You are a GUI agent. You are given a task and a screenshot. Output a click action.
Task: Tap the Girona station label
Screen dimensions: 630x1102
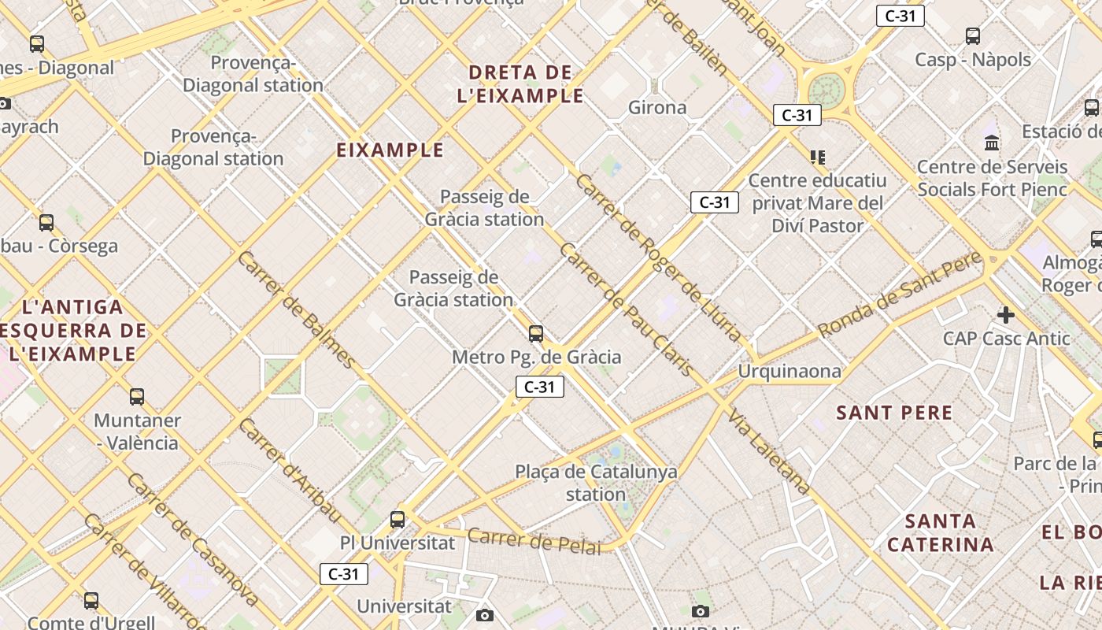tap(657, 107)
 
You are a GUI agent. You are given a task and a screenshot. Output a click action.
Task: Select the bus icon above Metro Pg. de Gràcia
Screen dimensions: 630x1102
tap(536, 333)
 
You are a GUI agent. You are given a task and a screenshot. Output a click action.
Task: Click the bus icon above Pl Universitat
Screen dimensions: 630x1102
tap(398, 520)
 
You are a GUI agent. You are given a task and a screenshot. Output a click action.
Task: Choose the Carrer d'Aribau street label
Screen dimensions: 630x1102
tap(290, 470)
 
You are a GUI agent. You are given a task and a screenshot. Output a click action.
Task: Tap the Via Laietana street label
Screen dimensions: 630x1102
tap(769, 451)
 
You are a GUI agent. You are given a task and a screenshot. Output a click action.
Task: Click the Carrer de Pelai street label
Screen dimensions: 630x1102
tap(534, 541)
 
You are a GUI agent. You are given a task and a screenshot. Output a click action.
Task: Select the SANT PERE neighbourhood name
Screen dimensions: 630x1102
tap(894, 413)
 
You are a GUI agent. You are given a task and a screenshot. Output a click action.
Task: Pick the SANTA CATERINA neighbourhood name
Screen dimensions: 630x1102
tap(941, 532)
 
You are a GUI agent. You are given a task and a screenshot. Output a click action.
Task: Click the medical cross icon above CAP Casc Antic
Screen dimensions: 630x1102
tap(1005, 315)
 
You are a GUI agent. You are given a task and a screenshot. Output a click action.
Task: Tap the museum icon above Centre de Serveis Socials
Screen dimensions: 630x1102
tap(992, 143)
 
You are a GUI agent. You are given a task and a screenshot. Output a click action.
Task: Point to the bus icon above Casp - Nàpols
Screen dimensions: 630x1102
tap(973, 35)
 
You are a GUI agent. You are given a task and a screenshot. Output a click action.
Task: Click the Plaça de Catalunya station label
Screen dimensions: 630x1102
tap(596, 483)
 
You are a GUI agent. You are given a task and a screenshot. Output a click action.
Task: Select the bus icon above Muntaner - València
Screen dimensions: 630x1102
tap(137, 396)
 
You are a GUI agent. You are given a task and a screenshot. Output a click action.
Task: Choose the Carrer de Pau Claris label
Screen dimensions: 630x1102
tap(626, 309)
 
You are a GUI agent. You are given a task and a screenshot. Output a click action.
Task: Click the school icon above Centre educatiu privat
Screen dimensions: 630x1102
tap(818, 157)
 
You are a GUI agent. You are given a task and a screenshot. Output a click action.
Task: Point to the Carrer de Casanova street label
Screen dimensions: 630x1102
tap(193, 539)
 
